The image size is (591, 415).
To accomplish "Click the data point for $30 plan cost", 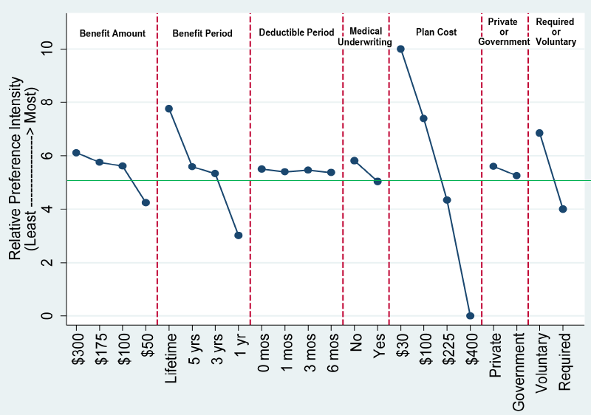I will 400,49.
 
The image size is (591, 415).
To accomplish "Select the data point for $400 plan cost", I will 470,315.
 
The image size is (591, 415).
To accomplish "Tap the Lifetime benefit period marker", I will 168,109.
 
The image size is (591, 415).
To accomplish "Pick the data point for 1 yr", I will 238,236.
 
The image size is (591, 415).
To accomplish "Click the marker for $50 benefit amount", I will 146,202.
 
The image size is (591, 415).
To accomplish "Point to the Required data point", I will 563,209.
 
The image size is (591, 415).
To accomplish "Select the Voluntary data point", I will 539,133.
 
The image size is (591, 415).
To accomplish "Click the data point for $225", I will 447,200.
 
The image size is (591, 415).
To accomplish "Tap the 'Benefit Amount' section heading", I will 112,33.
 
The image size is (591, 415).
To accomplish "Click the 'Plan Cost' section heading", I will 436,32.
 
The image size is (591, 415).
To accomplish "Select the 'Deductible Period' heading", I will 296,32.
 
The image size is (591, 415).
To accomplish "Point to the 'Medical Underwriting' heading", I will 366,37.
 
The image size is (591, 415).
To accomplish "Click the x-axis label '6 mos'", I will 331,351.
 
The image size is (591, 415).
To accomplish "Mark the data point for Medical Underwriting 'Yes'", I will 378,181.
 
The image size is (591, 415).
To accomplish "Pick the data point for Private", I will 493,167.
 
